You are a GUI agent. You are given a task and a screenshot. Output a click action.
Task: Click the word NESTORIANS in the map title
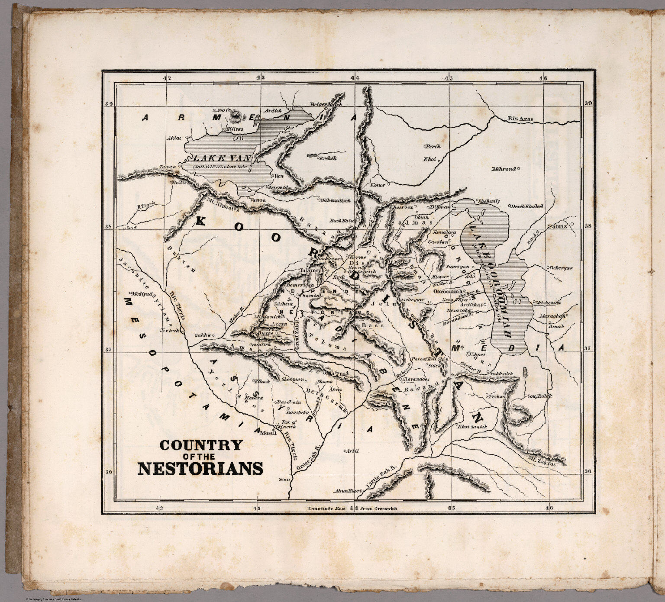[x=200, y=469]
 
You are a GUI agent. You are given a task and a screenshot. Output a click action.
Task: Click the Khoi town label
[x=429, y=160]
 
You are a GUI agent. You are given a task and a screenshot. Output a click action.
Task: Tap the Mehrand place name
[x=504, y=169]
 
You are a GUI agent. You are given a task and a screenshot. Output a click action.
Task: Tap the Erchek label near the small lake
[x=328, y=158]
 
